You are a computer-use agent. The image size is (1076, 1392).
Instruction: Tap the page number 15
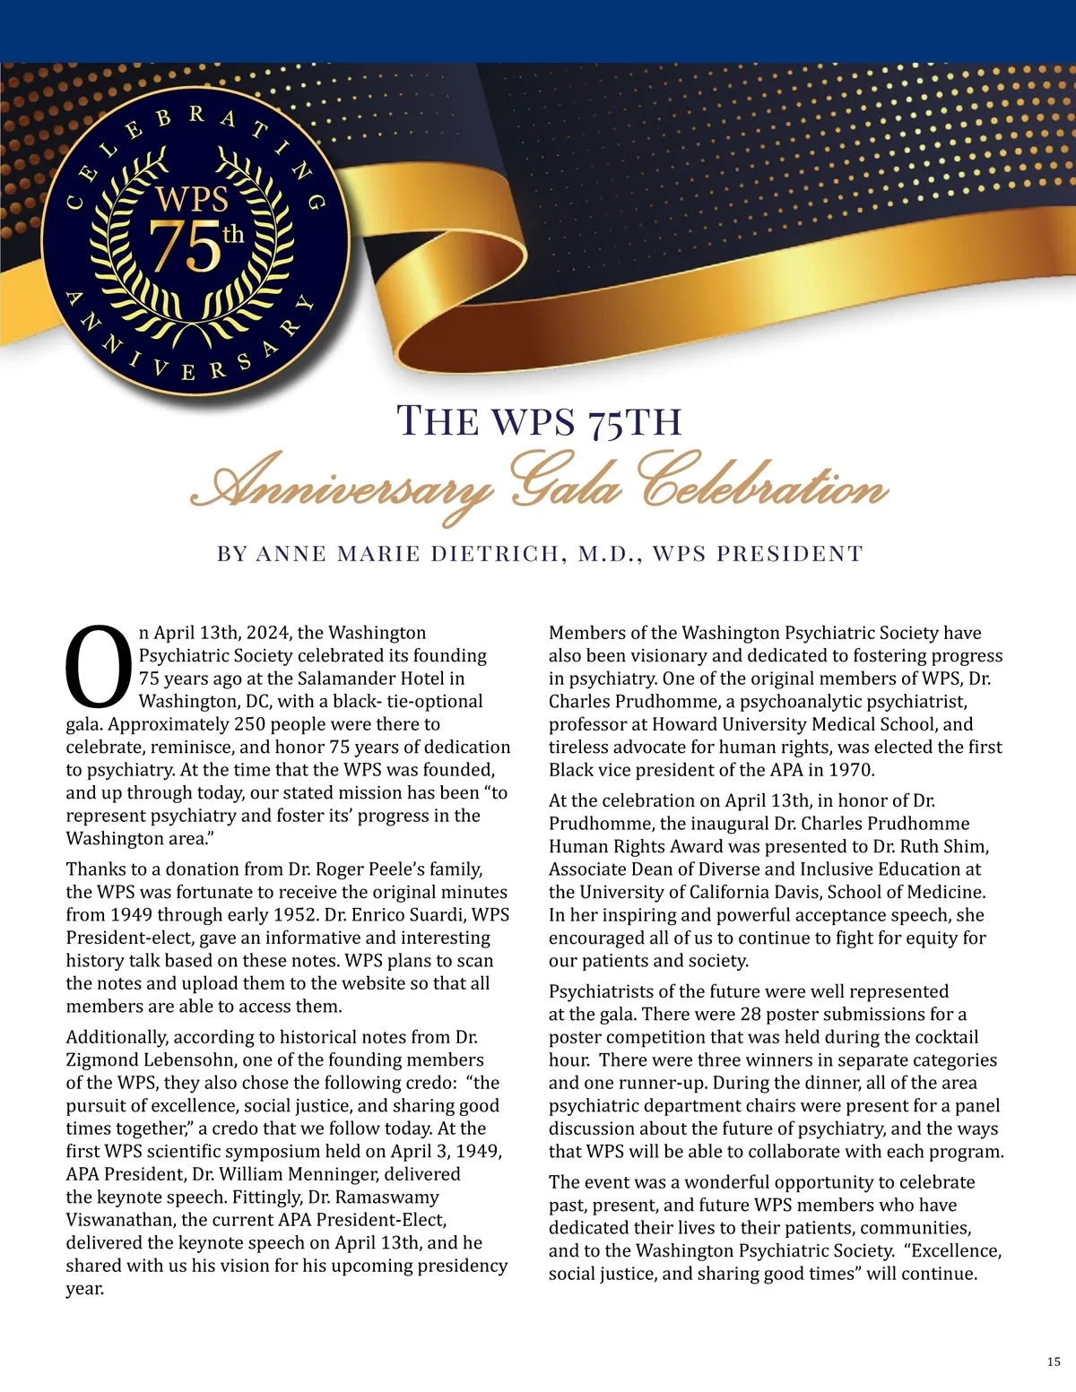(x=1054, y=1362)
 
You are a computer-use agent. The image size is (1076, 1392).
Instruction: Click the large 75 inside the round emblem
(x=184, y=246)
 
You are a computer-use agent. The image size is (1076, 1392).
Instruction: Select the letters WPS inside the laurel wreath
(x=192, y=199)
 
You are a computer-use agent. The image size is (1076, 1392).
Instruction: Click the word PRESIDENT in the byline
(x=789, y=554)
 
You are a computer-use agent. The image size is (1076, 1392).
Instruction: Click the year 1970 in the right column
(x=851, y=770)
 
